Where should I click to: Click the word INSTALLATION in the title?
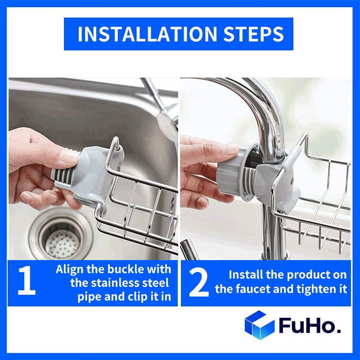pos(143,34)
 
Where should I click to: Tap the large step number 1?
pos(27,282)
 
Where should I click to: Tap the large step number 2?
pos(198,282)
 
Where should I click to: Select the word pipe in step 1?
pos(89,297)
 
